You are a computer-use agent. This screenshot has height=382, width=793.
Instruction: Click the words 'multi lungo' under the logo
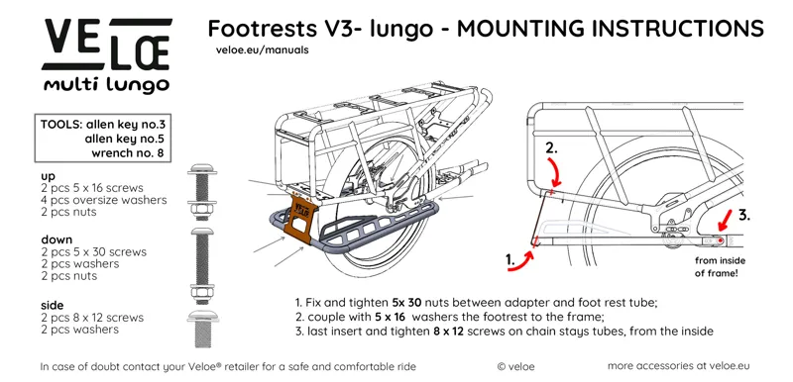point(105,86)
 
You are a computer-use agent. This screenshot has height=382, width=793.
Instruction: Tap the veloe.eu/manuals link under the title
point(262,49)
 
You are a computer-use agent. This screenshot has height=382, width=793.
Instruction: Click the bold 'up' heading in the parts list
point(48,175)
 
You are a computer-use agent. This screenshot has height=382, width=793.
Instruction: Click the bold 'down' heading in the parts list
point(57,239)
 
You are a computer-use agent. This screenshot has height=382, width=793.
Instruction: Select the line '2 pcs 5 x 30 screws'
point(93,252)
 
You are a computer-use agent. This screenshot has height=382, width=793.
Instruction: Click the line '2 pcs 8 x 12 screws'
point(92,318)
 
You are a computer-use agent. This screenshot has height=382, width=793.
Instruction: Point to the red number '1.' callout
point(513,259)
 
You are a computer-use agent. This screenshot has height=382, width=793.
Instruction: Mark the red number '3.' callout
point(753,214)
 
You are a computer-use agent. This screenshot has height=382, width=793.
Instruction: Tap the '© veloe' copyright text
point(516,366)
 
